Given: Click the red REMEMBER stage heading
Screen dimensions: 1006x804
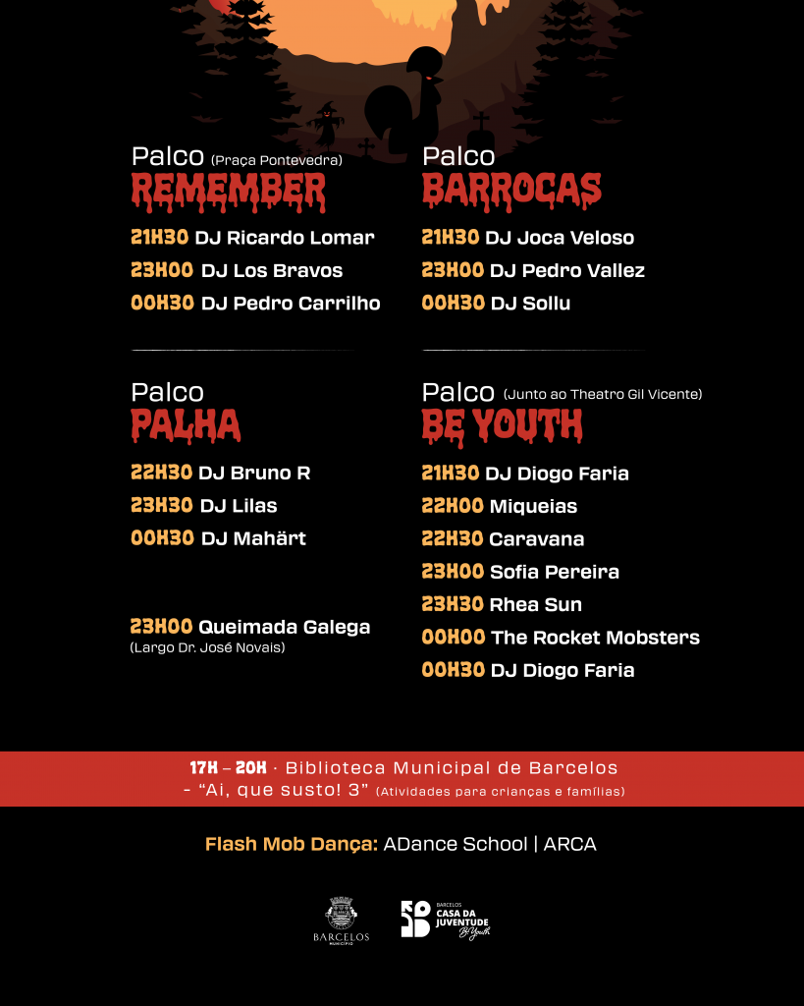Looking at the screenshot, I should [228, 191].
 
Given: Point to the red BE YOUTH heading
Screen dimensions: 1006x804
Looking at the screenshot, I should [502, 426].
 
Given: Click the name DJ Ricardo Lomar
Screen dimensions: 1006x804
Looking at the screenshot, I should [285, 238].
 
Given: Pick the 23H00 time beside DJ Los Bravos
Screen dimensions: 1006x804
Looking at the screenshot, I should [162, 270].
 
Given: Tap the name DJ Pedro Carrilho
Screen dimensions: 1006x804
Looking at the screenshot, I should [291, 304].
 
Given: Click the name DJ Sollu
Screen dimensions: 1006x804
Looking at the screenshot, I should [530, 304].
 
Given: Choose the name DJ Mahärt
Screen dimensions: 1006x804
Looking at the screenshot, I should [253, 538].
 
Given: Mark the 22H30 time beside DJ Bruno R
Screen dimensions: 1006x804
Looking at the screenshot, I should [161, 473].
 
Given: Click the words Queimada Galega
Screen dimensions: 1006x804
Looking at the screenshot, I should [284, 627].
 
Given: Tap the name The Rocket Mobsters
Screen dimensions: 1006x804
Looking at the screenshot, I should [595, 638].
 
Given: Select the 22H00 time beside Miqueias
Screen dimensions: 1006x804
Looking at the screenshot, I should [453, 506].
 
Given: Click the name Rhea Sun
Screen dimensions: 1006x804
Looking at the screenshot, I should [535, 604].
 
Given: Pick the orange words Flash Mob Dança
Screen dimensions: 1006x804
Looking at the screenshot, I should [291, 844].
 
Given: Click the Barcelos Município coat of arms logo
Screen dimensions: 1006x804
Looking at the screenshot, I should [341, 920].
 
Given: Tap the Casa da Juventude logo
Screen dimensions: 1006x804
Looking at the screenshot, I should [445, 920].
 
